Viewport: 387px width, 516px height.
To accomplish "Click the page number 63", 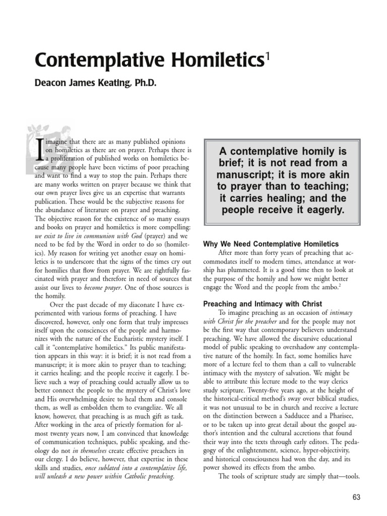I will (357, 497).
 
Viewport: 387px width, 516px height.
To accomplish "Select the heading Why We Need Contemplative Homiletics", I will (271, 244).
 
